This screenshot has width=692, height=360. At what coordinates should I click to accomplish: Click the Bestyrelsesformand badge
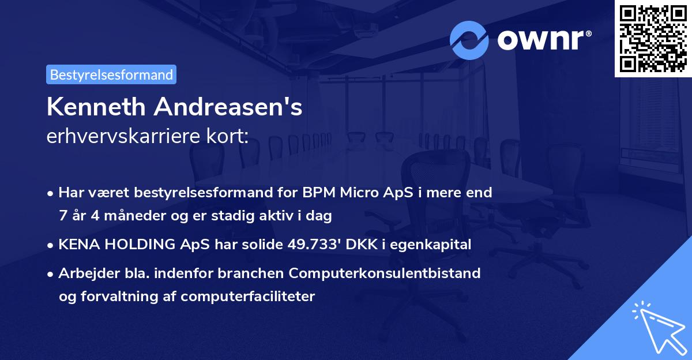click(111, 74)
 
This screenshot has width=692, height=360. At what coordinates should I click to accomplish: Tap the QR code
click(653, 39)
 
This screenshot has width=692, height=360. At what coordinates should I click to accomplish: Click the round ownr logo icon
click(469, 40)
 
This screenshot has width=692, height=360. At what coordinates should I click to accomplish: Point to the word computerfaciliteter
click(247, 297)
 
